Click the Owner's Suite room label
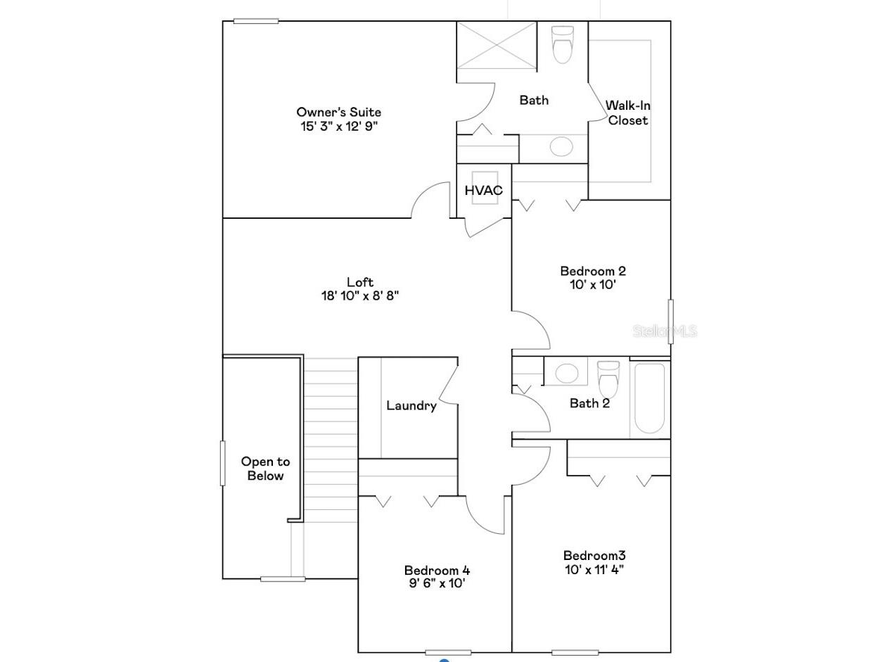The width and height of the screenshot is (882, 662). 339,112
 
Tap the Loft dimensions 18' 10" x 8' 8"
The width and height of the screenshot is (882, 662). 359,296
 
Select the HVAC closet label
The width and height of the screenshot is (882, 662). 483,190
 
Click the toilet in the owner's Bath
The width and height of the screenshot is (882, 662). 563,44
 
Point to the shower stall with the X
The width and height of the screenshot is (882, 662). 497,46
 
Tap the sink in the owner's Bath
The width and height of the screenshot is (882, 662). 561,146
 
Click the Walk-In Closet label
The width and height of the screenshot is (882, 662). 627,113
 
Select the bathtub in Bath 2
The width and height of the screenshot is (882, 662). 649,398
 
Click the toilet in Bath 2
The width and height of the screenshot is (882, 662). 608,379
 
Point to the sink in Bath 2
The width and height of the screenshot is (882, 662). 567,373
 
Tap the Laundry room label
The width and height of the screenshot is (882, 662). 411,405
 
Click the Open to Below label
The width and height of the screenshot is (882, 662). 265,469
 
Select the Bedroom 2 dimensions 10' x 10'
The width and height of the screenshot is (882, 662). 593,285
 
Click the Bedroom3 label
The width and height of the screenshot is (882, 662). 594,556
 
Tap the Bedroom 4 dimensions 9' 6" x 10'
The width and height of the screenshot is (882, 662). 437,583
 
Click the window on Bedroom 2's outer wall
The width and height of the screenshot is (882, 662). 670,322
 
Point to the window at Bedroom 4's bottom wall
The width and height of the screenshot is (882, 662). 448,652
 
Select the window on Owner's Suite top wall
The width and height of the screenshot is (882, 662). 256,21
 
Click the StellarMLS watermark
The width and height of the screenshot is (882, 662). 665,331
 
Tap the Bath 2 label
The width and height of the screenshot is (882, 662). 589,403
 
